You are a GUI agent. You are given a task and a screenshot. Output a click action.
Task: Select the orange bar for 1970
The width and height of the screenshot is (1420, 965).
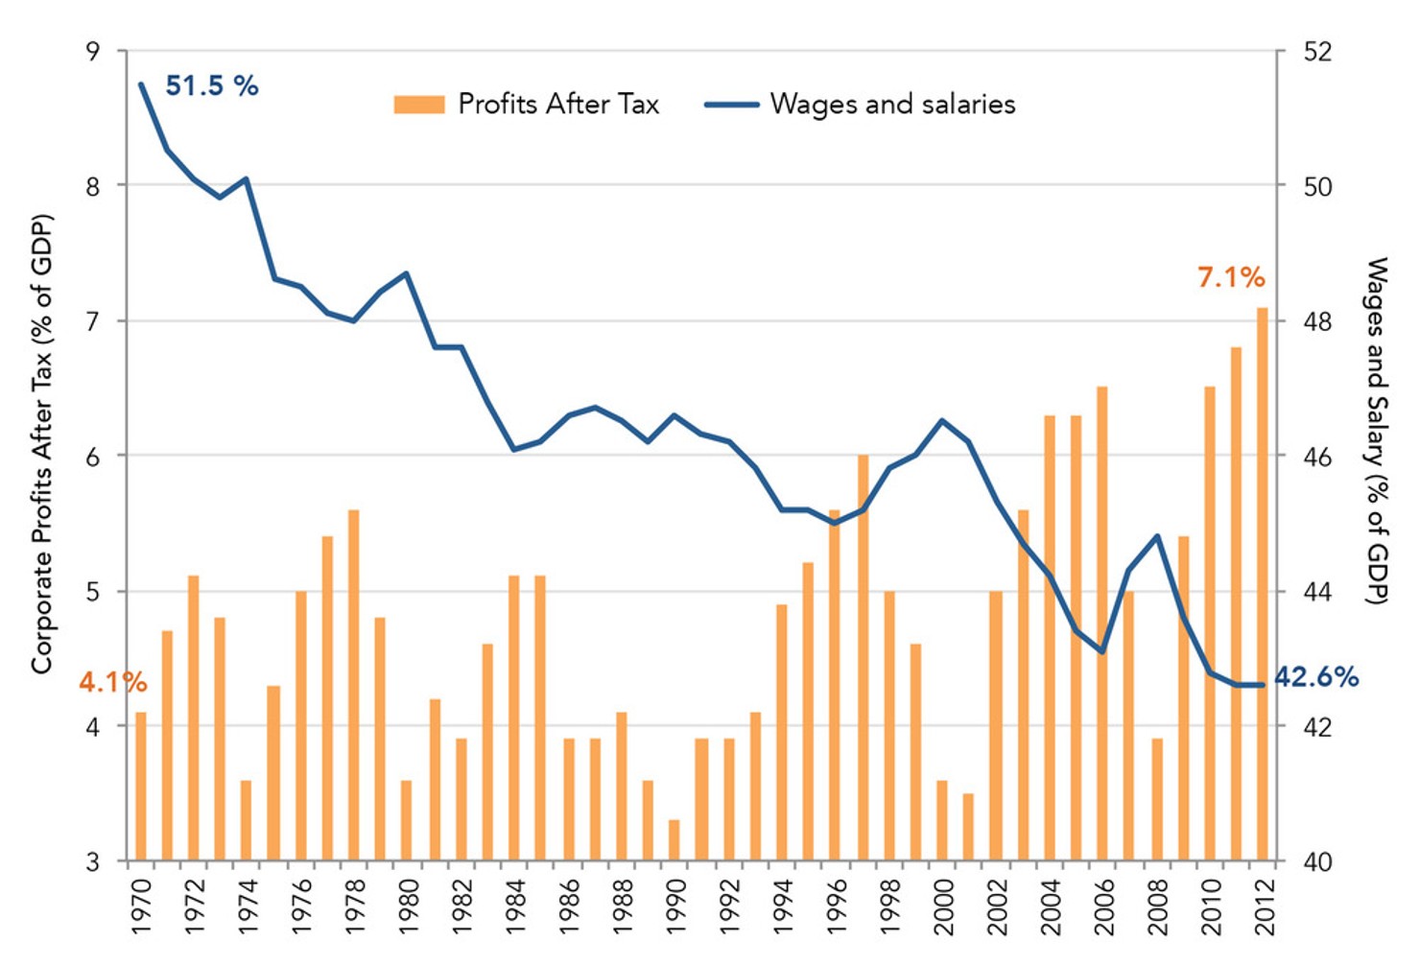click(141, 786)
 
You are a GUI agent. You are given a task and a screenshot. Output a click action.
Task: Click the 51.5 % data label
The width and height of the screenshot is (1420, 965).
click(212, 86)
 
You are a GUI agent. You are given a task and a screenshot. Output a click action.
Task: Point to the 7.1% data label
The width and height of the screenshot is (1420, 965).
click(1230, 278)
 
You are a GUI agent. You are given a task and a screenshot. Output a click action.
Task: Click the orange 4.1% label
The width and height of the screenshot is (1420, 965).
click(112, 683)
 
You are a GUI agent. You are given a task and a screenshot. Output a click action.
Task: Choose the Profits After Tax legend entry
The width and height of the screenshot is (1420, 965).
click(527, 105)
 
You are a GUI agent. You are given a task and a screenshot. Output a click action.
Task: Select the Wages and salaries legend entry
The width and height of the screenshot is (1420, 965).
click(861, 105)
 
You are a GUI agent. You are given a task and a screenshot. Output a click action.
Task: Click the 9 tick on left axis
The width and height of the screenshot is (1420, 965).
click(93, 51)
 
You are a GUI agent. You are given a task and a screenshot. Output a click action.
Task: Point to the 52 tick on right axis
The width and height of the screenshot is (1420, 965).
click(1318, 51)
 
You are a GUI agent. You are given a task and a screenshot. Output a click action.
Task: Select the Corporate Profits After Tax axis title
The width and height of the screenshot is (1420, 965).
click(41, 443)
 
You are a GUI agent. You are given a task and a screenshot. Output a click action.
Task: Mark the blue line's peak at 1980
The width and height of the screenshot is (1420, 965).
click(407, 273)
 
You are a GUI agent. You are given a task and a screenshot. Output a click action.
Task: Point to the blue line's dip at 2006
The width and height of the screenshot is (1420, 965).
click(1102, 652)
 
